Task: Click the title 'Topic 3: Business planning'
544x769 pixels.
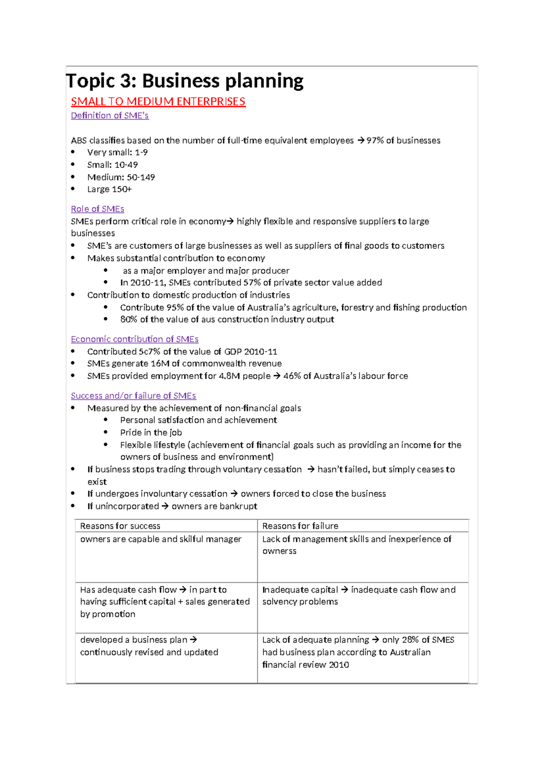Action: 185,81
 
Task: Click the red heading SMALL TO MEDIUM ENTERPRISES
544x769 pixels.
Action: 158,102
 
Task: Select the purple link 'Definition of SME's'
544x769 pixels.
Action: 110,116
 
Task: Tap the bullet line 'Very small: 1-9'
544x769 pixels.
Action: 117,152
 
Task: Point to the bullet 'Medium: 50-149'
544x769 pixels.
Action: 121,177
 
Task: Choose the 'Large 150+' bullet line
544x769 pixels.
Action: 109,190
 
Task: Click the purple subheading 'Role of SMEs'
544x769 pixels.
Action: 97,209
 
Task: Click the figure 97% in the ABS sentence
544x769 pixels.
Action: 375,141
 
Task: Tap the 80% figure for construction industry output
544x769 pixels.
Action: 129,319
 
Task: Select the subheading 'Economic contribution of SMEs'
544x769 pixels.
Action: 135,339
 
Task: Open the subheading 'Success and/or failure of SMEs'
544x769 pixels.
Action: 133,396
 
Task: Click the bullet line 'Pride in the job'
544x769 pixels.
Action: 151,433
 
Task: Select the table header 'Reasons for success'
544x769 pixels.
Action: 120,526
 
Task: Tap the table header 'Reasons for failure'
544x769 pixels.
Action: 300,526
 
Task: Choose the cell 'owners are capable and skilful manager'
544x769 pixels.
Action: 160,539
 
